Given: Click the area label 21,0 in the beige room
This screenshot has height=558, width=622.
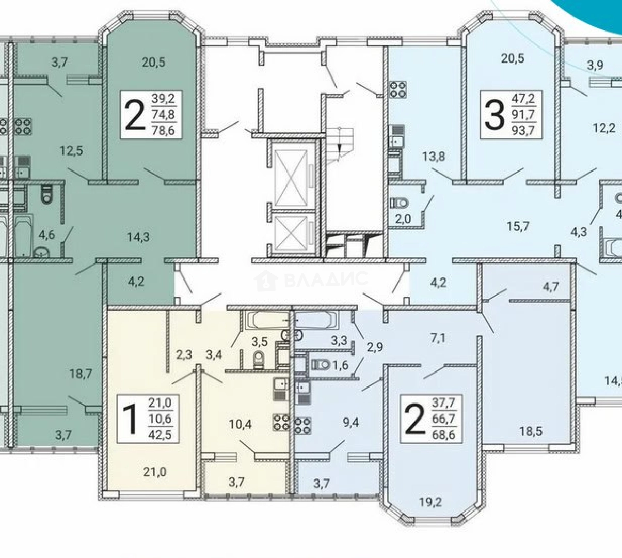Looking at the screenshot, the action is tap(155, 472).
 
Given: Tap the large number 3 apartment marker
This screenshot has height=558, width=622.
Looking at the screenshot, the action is tap(494, 115).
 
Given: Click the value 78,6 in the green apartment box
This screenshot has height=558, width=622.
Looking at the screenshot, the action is tap(163, 130).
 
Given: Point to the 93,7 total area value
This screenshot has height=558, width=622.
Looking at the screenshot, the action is tap(523, 130).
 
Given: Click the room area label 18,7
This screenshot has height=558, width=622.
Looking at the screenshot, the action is tap(81, 374).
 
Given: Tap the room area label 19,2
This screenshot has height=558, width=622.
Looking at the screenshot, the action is tap(430, 502).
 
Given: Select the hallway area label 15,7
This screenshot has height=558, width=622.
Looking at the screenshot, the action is tap(518, 226).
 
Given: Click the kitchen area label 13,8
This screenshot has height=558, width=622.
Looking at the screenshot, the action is tap(434, 157).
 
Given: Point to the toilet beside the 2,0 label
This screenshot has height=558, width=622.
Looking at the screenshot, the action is tap(400, 203).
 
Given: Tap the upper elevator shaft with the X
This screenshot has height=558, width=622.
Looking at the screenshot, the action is tap(291, 178).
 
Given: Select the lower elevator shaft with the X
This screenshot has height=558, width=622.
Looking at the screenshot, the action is tap(291, 235).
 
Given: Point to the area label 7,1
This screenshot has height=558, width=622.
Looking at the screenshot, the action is tap(438, 338).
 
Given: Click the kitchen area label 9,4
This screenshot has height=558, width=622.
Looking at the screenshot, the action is tap(350, 423).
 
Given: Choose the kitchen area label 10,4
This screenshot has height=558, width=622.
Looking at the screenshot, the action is tap(241, 424).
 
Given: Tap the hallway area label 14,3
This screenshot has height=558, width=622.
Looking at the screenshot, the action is tap(138, 237).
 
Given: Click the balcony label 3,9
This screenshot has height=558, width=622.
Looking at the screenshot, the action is tap(595, 65).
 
